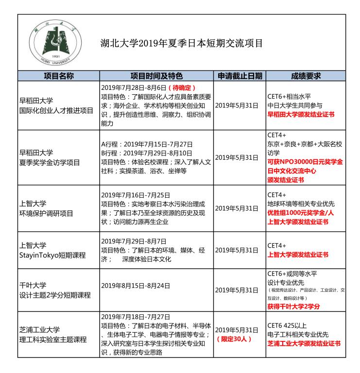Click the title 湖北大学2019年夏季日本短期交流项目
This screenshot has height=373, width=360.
[x=181, y=43]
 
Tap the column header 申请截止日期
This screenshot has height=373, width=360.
[x=240, y=76]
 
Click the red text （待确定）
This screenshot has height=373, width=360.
[x=181, y=88]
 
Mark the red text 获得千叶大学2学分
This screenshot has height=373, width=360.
[x=293, y=306]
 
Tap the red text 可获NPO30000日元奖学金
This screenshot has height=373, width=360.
[x=305, y=161]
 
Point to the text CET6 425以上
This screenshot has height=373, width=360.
[x=287, y=325]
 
